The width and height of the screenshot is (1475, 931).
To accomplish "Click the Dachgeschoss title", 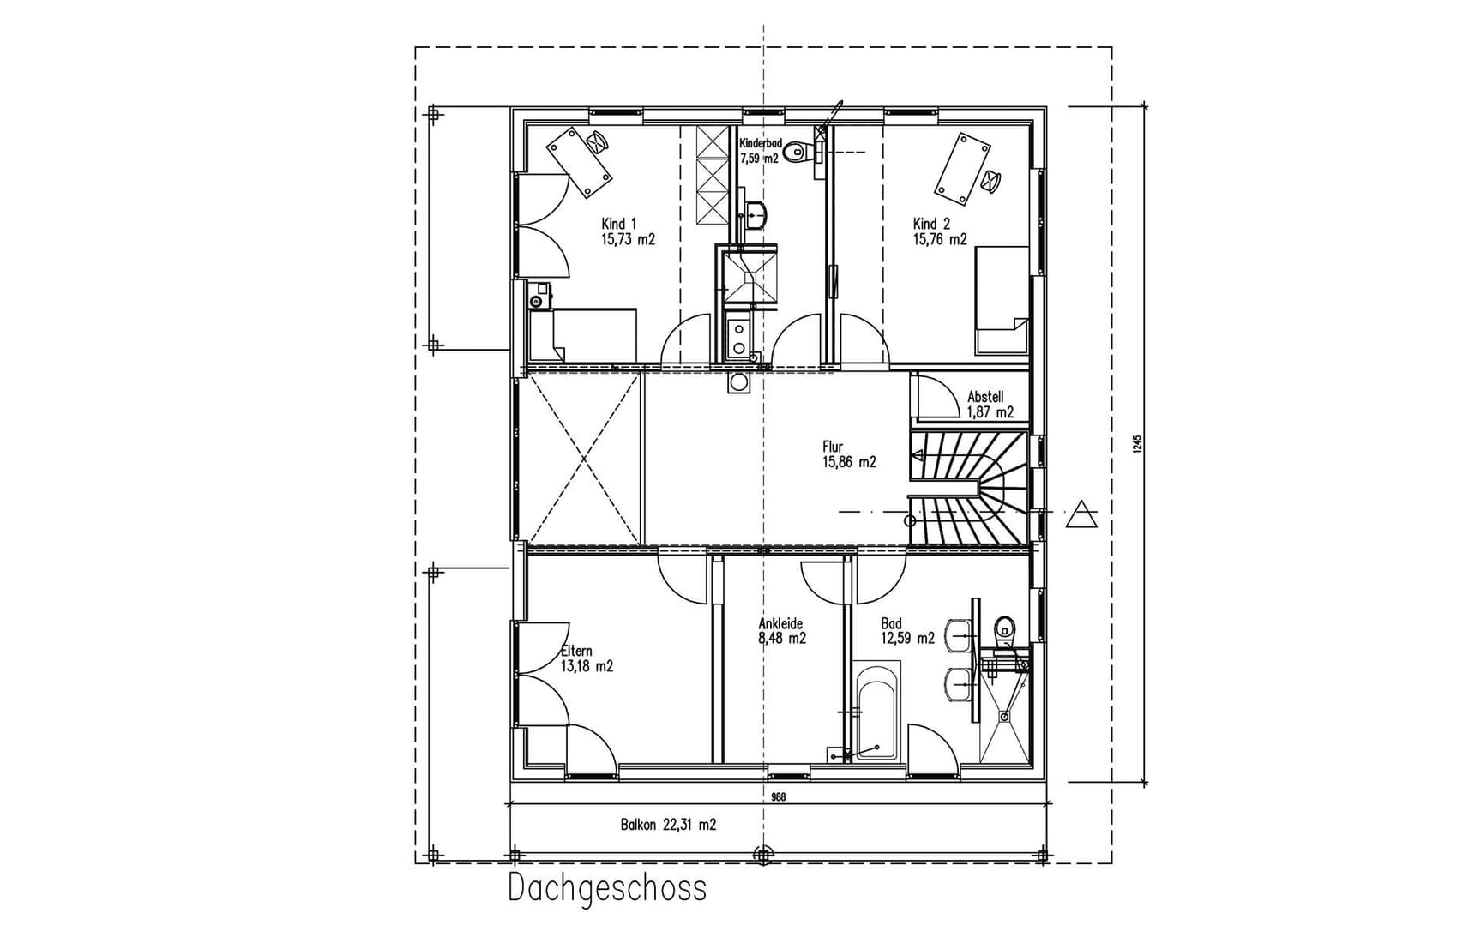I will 607,888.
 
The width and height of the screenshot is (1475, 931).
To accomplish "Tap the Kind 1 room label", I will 627,232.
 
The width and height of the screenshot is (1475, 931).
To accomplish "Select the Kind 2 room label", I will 939,232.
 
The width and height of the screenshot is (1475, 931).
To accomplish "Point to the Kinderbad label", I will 760,150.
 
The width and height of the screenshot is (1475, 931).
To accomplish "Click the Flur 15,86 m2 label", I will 848,454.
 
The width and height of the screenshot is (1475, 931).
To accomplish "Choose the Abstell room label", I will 990,405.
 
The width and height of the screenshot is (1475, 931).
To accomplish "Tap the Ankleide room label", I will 781,631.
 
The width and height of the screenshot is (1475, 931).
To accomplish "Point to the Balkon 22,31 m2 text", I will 668,825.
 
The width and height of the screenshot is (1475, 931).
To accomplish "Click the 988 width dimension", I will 778,796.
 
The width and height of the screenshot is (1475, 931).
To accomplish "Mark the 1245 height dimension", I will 1137,444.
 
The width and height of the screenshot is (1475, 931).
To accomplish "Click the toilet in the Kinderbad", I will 799,154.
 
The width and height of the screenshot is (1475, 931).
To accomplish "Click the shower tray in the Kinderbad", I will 748,274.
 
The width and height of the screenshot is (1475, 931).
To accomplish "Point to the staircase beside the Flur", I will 969,489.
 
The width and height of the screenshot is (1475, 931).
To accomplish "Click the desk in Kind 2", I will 961,170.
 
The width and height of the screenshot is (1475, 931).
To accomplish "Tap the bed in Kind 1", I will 583,336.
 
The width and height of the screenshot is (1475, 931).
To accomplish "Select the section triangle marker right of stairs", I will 1081,514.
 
